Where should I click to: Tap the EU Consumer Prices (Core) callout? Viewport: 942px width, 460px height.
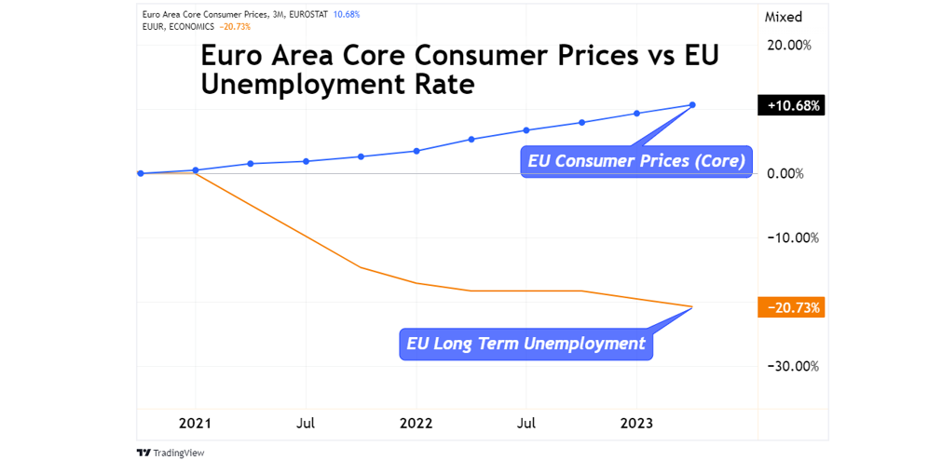(636, 161)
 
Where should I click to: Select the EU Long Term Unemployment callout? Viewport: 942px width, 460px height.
(526, 344)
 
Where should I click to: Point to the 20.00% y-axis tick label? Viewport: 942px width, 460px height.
(789, 45)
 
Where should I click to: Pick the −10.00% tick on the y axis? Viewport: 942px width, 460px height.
(789, 237)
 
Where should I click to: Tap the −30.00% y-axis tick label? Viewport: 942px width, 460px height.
(789, 366)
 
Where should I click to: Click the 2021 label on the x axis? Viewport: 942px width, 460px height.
(195, 423)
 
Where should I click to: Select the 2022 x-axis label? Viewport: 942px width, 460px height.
(416, 423)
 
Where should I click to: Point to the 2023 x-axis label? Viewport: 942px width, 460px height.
(636, 423)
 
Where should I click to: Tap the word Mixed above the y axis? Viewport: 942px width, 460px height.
(783, 17)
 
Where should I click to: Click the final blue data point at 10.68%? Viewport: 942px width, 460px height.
(692, 104)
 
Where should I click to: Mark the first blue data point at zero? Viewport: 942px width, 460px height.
(140, 173)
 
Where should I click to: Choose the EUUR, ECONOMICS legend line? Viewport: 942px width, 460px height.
(177, 26)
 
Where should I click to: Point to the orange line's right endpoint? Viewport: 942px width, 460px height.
(692, 306)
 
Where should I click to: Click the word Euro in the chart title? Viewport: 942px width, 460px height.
(229, 56)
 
